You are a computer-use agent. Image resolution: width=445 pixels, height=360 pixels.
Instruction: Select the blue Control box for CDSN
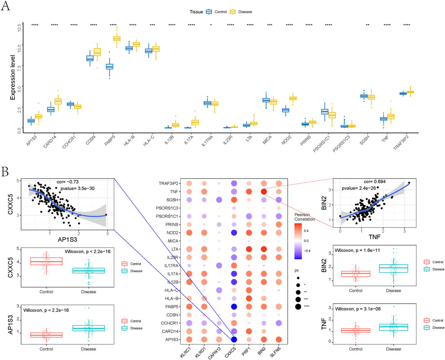tap(90, 58)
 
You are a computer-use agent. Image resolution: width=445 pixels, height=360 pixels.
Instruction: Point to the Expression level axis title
tap(13, 79)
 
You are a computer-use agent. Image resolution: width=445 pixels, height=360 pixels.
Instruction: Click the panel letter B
tap(5, 172)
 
